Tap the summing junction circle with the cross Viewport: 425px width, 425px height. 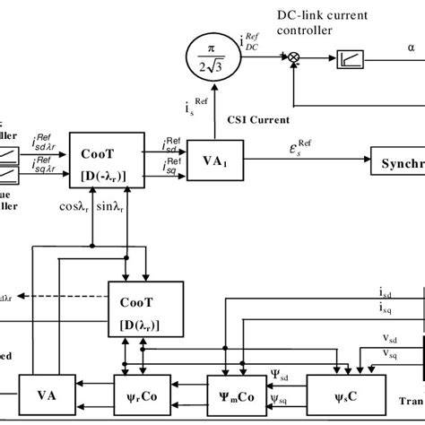coord(292,56)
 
